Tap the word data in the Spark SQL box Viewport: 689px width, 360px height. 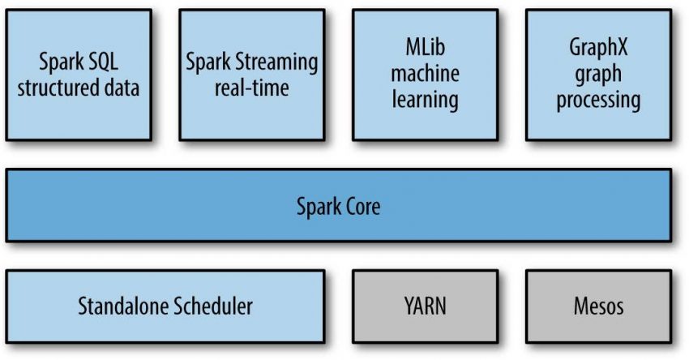(x=120, y=88)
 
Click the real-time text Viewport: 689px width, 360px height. (x=251, y=88)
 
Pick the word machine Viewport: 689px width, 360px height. (x=425, y=75)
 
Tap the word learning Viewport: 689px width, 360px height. (x=425, y=101)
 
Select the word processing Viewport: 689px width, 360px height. (x=598, y=101)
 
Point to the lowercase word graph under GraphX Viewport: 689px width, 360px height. (x=598, y=75)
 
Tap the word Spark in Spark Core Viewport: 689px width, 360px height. (x=316, y=206)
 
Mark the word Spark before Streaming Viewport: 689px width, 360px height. (x=208, y=62)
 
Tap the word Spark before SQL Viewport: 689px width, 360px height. (x=62, y=62)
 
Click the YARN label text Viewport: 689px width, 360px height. (x=425, y=307)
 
